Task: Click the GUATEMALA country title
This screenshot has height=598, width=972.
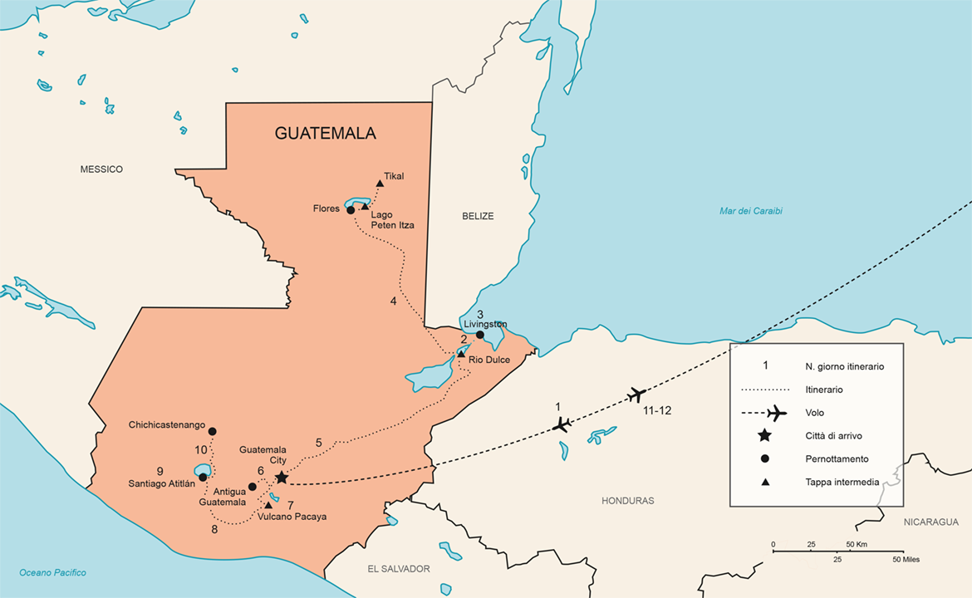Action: click(x=326, y=133)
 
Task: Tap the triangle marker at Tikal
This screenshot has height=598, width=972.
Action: click(x=380, y=184)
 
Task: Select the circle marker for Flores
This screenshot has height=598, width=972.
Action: click(x=351, y=210)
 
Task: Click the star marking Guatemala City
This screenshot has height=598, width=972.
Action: click(x=282, y=477)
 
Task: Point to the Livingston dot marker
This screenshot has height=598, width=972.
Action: click(x=479, y=335)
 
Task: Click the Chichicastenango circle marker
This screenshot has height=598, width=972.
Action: click(x=212, y=431)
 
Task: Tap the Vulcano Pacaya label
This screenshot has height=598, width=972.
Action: click(x=292, y=517)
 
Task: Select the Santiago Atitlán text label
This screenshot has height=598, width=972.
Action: click(x=161, y=483)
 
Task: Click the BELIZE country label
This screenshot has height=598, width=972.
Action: click(x=478, y=216)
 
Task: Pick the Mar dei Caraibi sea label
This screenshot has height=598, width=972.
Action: click(x=750, y=211)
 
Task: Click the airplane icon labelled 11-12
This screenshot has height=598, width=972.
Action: click(x=637, y=394)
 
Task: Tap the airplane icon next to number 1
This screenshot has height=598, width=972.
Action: click(x=562, y=425)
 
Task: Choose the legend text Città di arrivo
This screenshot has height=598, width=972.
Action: click(x=837, y=435)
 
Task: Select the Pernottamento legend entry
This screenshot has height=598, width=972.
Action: click(x=837, y=458)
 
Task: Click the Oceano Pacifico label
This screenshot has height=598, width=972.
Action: click(x=52, y=572)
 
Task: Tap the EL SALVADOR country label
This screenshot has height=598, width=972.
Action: click(x=399, y=569)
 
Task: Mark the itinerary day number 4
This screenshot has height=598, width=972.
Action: click(x=394, y=301)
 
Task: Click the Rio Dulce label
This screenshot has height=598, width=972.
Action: click(x=488, y=360)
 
